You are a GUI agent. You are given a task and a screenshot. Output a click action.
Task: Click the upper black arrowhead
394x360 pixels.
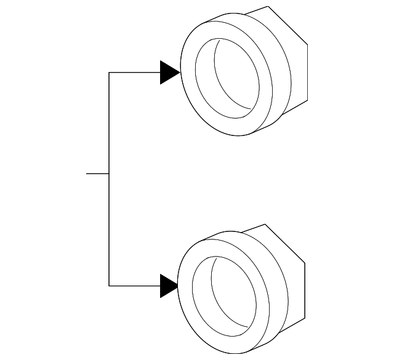click(x=169, y=73)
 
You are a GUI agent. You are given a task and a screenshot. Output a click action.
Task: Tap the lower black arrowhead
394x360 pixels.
click(x=167, y=286)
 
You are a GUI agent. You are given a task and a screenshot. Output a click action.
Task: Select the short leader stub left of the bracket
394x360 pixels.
click(x=97, y=174)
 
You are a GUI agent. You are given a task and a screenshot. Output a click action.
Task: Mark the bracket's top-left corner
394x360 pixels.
click(x=109, y=73)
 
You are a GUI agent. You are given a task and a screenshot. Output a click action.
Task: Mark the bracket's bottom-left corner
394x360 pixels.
click(x=109, y=286)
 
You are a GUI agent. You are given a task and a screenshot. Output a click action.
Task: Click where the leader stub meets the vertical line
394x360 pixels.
click(x=109, y=174)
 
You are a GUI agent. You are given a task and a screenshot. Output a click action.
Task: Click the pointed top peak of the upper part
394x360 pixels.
click(x=268, y=7)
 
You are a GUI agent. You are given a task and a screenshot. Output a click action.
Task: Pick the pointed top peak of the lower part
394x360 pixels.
click(x=265, y=225)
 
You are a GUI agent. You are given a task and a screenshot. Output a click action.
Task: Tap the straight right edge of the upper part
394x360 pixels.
click(x=307, y=71)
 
